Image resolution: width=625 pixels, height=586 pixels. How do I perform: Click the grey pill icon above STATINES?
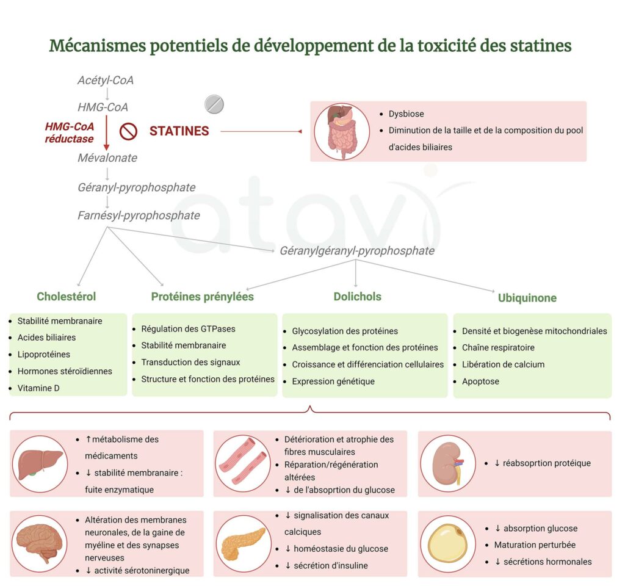tap(214, 104)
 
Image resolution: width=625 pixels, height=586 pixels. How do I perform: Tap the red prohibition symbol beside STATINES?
tap(128, 131)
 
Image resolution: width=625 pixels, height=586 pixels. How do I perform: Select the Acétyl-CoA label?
tap(106, 80)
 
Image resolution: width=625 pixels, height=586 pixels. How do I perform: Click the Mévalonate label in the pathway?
tap(107, 158)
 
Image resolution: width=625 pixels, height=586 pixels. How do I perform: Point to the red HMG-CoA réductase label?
tap(70, 132)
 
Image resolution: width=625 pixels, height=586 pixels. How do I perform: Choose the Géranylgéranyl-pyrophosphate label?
tap(357, 251)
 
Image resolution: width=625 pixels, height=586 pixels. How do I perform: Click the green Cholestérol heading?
tap(66, 297)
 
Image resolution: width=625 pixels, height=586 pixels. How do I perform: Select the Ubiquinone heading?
tap(527, 298)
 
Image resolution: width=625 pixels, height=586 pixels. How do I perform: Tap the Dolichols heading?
tap(358, 297)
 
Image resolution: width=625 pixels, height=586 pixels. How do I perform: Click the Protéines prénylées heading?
tap(202, 297)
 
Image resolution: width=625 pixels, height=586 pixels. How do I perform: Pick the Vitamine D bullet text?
tap(38, 388)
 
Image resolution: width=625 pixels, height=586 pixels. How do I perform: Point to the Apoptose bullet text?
tap(480, 382)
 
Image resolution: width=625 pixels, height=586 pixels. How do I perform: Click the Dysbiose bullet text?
tap(406, 114)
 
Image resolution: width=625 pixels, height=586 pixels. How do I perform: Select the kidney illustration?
tap(448, 463)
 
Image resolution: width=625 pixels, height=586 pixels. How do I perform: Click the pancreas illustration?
tap(243, 543)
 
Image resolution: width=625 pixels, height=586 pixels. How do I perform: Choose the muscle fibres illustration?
tap(243, 463)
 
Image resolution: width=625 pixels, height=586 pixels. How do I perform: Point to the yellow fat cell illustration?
tap(447, 543)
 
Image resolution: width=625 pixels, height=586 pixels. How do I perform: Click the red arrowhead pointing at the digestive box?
tap(300, 132)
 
